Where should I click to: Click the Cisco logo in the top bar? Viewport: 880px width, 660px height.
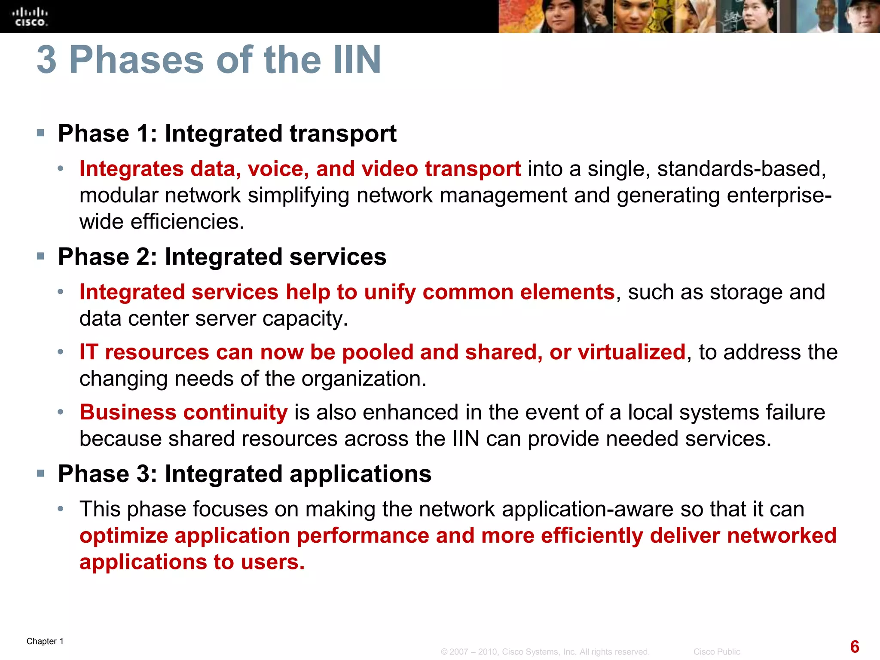pyautogui.click(x=30, y=17)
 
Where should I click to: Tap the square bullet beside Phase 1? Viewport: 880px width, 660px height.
pyautogui.click(x=41, y=133)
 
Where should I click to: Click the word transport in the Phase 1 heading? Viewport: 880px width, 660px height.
pyautogui.click(x=343, y=134)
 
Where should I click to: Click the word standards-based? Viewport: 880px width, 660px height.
pyautogui.click(x=741, y=168)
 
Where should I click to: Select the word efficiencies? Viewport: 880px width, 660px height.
pyautogui.click(x=187, y=222)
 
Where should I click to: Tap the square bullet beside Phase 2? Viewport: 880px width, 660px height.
pyautogui.click(x=41, y=257)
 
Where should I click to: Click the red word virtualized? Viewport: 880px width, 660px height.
pyautogui.click(x=631, y=352)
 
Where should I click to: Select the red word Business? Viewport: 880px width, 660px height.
pyautogui.click(x=128, y=412)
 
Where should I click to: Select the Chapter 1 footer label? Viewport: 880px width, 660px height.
pyautogui.click(x=45, y=641)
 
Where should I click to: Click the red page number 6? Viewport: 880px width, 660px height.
pyautogui.click(x=855, y=647)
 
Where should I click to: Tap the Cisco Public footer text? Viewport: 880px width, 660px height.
pyautogui.click(x=717, y=652)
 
